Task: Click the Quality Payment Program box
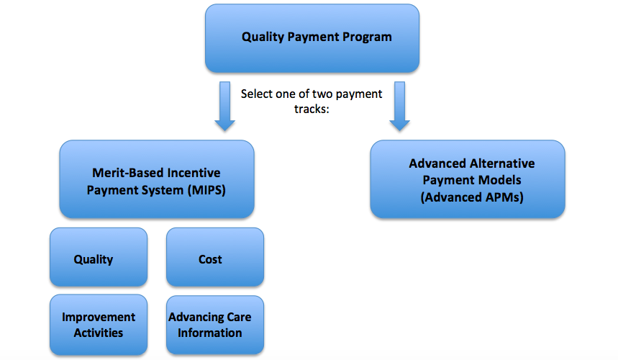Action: pyautogui.click(x=312, y=38)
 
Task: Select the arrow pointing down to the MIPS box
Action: pyautogui.click(x=224, y=106)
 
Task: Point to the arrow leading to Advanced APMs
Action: pyautogui.click(x=400, y=106)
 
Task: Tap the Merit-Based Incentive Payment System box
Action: pyautogui.click(x=157, y=179)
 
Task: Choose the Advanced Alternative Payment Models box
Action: pyautogui.click(x=468, y=179)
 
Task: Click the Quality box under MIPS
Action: pyautogui.click(x=99, y=257)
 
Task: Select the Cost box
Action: pyautogui.click(x=215, y=257)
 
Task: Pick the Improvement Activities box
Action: pyautogui.click(x=99, y=325)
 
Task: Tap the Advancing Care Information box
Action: pyautogui.click(x=215, y=325)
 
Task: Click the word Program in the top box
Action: pyautogui.click(x=367, y=37)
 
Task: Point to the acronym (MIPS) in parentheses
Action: pyautogui.click(x=206, y=190)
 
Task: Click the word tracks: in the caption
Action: pyautogui.click(x=312, y=109)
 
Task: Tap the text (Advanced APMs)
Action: pyautogui.click(x=472, y=197)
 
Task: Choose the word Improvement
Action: pyautogui.click(x=99, y=318)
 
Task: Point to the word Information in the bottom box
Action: pyautogui.click(x=209, y=333)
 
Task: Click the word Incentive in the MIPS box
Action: pyautogui.click(x=194, y=173)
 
